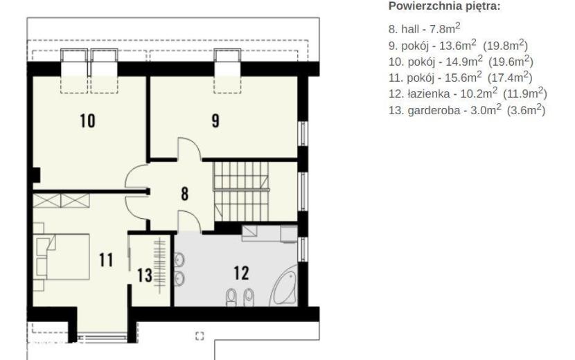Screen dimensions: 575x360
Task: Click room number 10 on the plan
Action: point(88,121)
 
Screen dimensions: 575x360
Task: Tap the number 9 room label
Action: point(215,121)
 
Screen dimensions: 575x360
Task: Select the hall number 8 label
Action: point(185,194)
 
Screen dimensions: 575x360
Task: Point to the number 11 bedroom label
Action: point(106,260)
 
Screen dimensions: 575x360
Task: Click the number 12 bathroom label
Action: point(241,273)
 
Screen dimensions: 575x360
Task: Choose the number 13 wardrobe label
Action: point(145,276)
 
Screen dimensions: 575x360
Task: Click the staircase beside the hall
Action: point(241,192)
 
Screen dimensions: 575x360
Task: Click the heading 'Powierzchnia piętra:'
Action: point(444,6)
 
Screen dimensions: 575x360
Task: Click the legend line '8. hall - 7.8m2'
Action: point(424,28)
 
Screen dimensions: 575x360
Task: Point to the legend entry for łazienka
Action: point(468,93)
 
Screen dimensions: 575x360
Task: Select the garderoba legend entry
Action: point(467,109)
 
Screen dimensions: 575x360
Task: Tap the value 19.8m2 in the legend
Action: point(505,46)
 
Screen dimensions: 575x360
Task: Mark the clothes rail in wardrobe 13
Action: point(159,265)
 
